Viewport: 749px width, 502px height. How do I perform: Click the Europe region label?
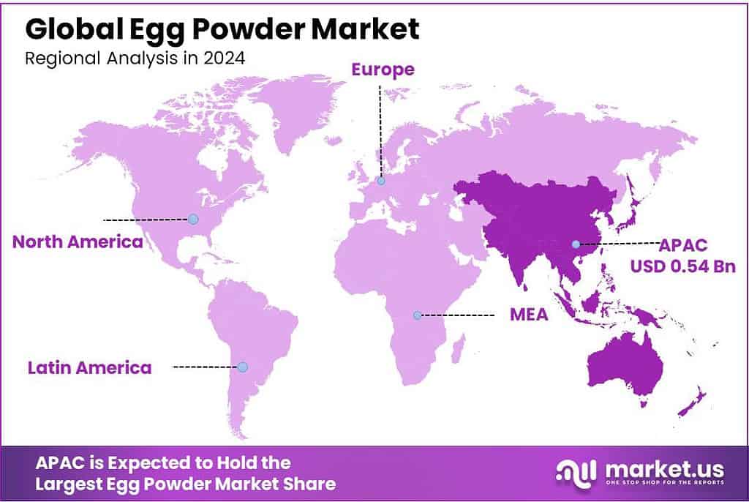[x=383, y=70]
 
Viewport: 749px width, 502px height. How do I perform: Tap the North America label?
[x=78, y=241]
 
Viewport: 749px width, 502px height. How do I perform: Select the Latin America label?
[x=89, y=367]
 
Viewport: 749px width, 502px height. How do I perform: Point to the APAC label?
[x=684, y=244]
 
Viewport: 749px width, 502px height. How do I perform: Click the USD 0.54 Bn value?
[x=683, y=265]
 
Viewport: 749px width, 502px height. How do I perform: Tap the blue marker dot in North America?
[x=193, y=219]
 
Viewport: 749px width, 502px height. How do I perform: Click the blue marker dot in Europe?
[x=381, y=181]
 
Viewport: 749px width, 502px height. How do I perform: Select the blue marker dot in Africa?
[x=417, y=315]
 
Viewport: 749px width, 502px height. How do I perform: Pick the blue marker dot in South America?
[x=243, y=367]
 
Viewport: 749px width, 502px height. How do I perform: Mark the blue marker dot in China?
[x=576, y=244]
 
